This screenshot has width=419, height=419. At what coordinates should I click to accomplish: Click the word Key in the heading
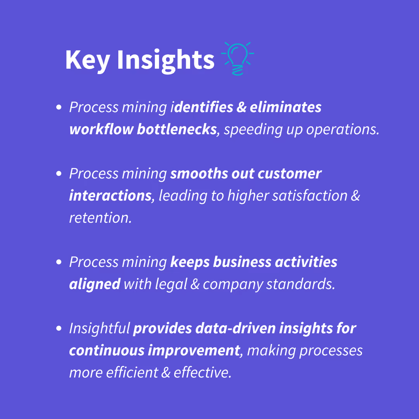tap(88, 61)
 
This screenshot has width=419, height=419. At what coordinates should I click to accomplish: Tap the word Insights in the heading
tap(166, 61)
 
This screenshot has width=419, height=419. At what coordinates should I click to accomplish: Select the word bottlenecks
tap(177, 129)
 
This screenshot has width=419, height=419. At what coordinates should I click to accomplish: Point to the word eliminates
tap(286, 107)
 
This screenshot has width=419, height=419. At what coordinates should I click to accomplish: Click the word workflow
tap(101, 129)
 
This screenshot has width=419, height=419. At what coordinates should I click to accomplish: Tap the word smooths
tap(199, 174)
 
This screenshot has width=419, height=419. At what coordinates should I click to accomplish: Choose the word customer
tap(289, 174)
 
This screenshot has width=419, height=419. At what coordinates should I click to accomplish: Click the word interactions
tap(110, 196)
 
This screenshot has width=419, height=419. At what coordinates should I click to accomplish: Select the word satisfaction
tap(310, 196)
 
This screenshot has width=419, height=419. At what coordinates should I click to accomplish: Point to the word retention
tap(100, 218)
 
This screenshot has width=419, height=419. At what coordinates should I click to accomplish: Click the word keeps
tap(190, 262)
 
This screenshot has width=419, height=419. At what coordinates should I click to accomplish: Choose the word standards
tap(300, 284)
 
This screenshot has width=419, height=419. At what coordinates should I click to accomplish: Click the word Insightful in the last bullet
tap(99, 329)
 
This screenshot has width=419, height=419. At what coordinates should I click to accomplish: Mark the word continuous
tap(107, 351)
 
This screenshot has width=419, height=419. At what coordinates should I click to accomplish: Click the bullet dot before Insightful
tap(59, 329)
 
